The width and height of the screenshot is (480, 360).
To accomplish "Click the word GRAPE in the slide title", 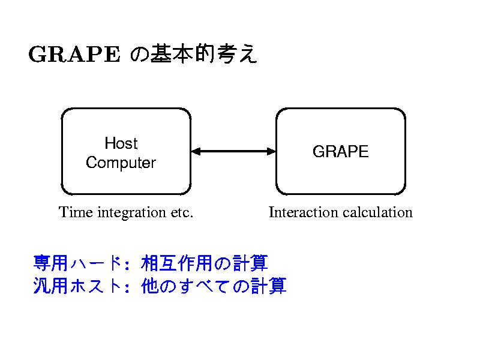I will tap(74, 55).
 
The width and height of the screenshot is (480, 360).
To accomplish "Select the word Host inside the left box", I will tap(121, 143).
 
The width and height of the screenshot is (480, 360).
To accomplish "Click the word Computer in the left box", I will tap(121, 163).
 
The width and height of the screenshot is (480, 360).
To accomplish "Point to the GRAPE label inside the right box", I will tap(340, 152).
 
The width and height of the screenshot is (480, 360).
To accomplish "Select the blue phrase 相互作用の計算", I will tap(205, 263).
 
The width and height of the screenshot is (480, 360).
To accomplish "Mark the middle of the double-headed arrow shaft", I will tap(233, 151).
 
